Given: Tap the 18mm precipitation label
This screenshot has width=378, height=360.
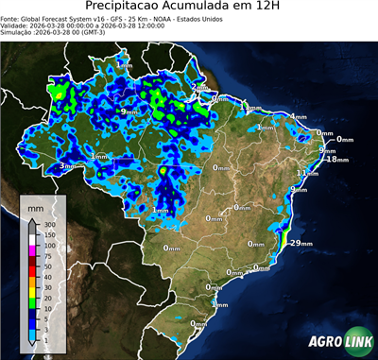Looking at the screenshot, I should [x=336, y=160].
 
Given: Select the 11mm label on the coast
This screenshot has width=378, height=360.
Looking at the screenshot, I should [x=306, y=173].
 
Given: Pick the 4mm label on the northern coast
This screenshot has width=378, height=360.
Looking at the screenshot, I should [x=298, y=116].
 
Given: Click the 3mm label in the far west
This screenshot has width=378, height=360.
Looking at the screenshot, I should [x=66, y=166].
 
